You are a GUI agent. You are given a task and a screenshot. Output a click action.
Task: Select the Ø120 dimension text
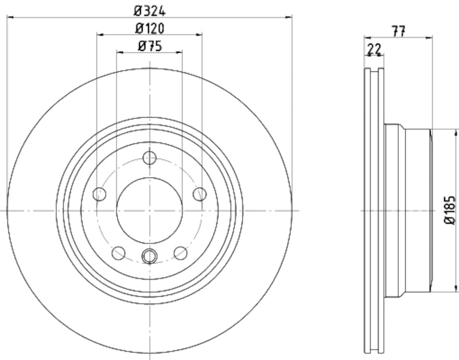[x=149, y=28]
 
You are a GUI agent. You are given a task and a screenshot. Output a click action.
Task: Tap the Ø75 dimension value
[x=149, y=47]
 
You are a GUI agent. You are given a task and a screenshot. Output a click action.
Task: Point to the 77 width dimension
[x=398, y=32]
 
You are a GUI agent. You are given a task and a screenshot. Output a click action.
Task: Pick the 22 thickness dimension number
[x=374, y=50]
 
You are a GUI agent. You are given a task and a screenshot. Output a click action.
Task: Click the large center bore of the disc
[x=149, y=210]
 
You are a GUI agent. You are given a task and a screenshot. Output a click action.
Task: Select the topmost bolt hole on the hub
[x=149, y=157]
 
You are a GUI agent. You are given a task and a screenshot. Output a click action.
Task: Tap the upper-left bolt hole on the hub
[x=100, y=193]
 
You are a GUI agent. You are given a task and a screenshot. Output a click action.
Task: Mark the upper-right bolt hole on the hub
[x=199, y=193]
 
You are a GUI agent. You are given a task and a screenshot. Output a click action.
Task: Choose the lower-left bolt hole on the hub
[x=119, y=252]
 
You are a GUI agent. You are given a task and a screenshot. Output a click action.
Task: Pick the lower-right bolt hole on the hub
[x=180, y=252]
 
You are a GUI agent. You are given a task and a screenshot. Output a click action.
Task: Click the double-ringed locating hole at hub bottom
[x=149, y=256]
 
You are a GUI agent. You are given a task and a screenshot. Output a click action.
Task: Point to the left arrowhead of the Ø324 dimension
[x=10, y=17]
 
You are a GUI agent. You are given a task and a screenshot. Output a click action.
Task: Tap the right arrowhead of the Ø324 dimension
[x=289, y=17]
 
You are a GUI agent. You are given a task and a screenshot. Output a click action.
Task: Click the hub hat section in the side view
[x=407, y=210]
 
